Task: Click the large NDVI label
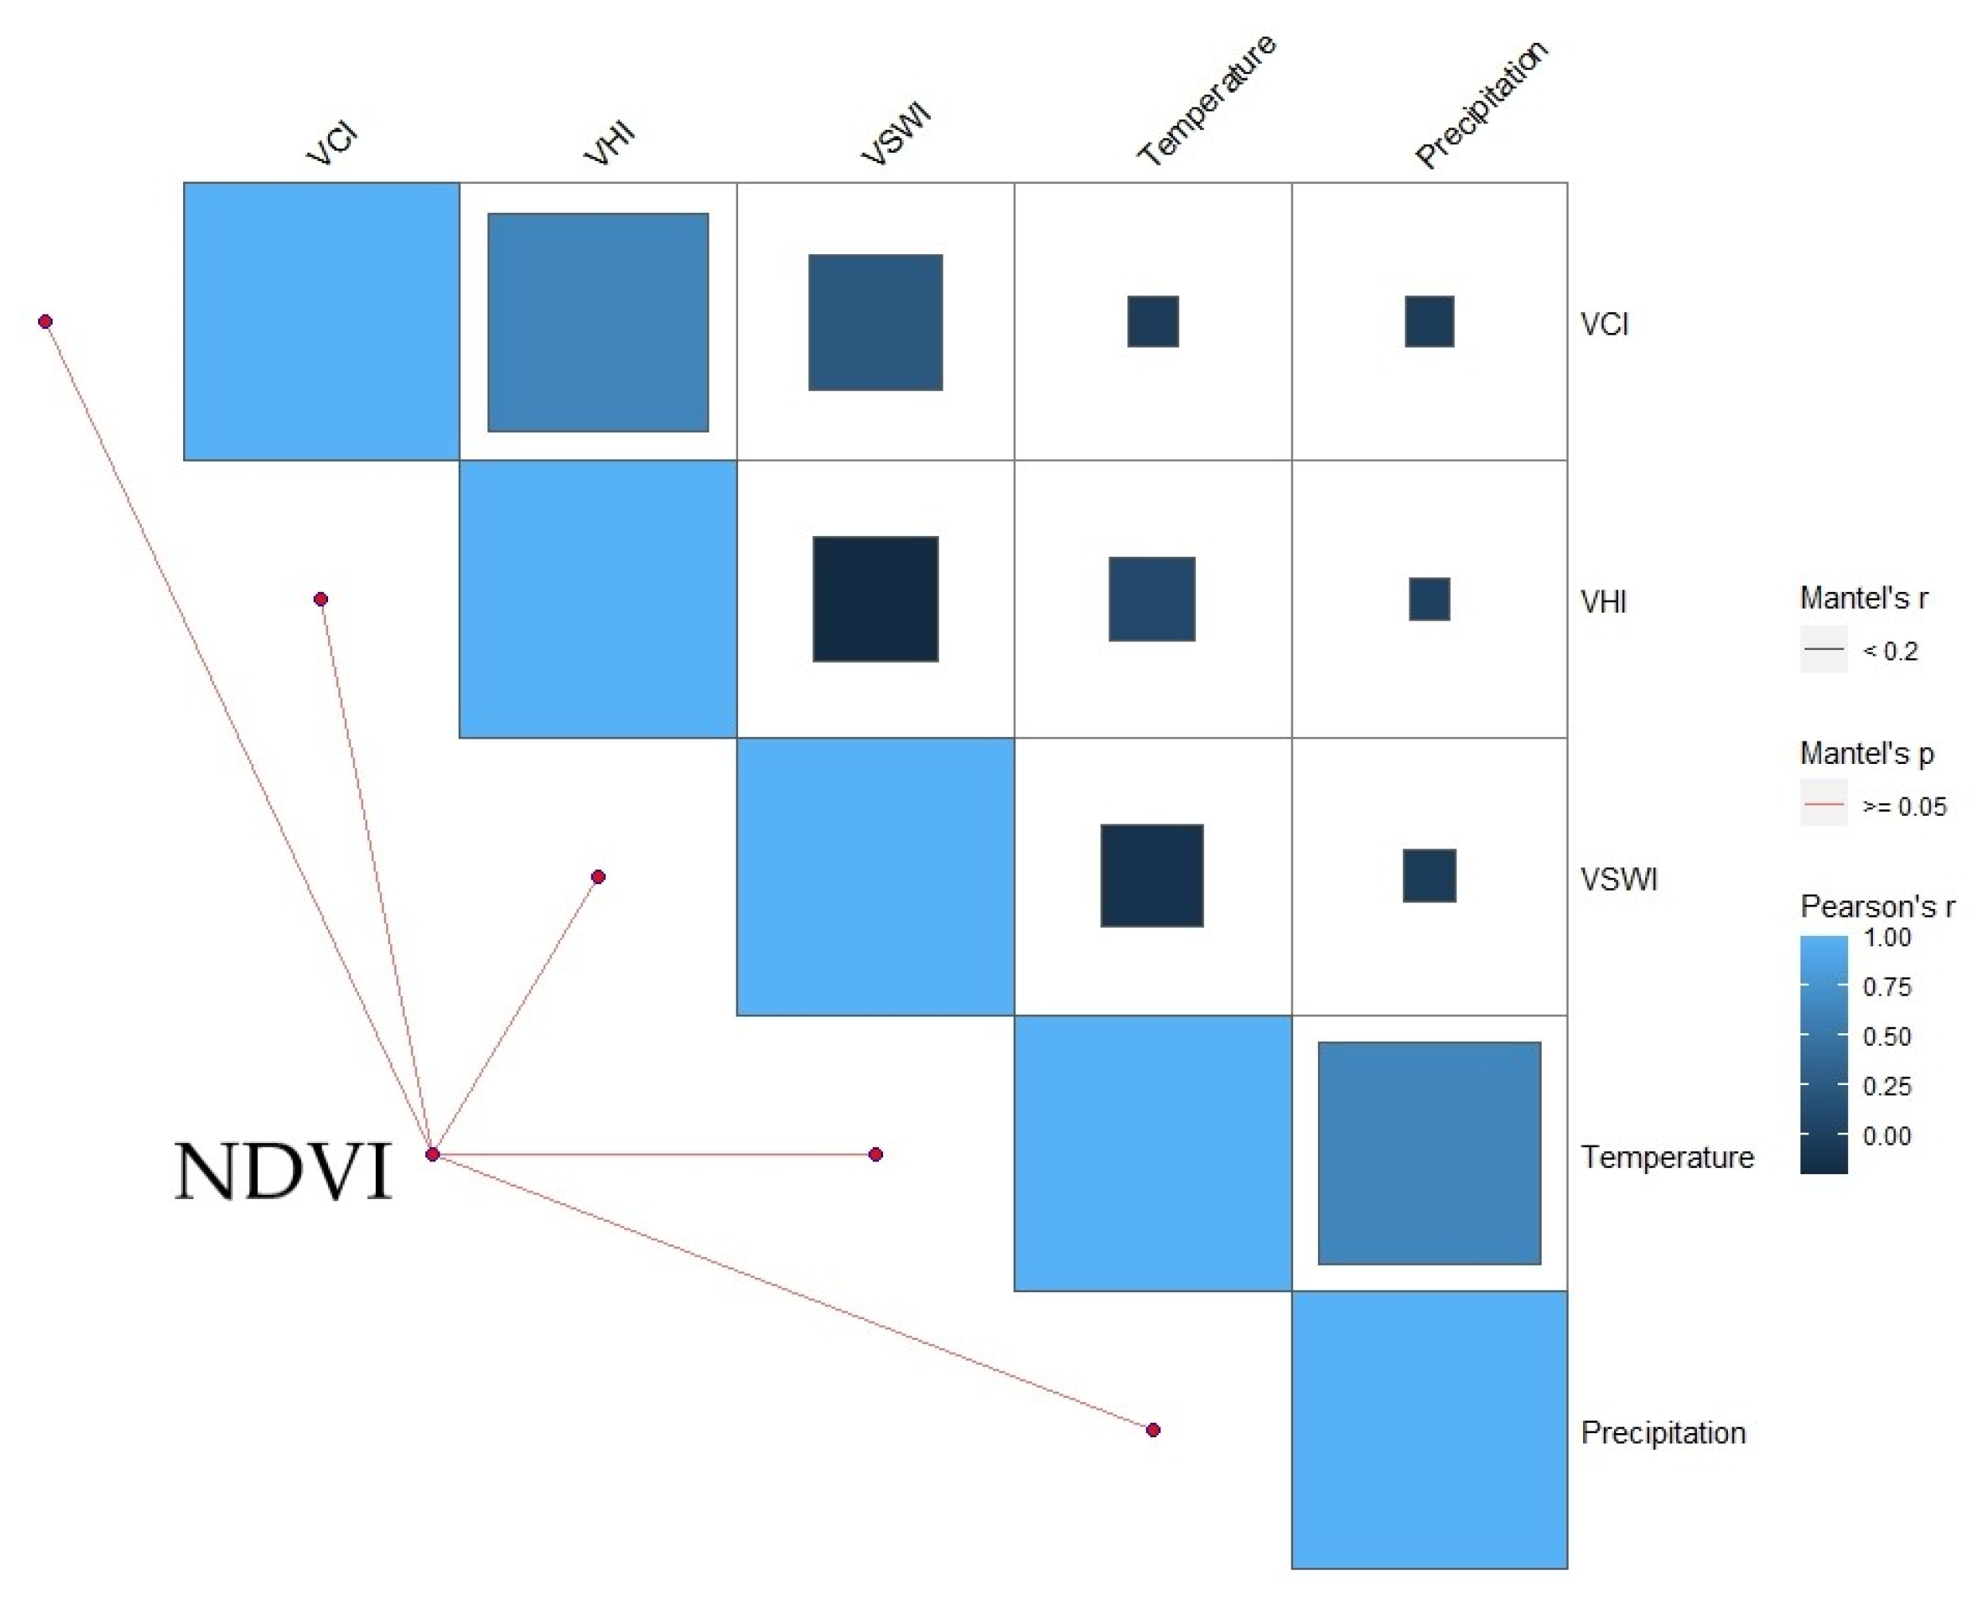(283, 1171)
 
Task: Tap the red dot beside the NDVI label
(432, 1154)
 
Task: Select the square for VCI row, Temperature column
(1152, 321)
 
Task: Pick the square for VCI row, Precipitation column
(1429, 321)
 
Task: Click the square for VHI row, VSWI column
(875, 599)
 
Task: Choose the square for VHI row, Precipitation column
(1429, 599)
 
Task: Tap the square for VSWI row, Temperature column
(1152, 875)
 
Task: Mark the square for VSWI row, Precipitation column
(1429, 875)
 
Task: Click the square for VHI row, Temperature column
(1152, 599)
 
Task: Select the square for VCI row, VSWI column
(875, 322)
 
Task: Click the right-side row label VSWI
(1619, 880)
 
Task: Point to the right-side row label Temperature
(1667, 1157)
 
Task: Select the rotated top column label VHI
(610, 143)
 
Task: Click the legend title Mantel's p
(1867, 754)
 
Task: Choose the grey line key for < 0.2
(1823, 650)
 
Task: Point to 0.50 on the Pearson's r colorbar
(1886, 1036)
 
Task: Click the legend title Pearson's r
(1876, 907)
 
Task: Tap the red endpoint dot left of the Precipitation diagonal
(1153, 1430)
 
